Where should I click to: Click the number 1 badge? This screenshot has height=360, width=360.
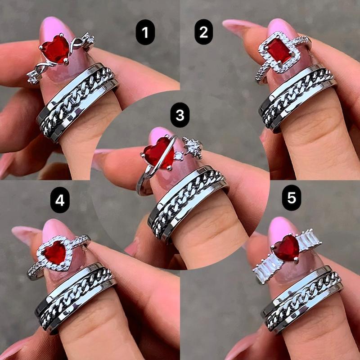[145, 32]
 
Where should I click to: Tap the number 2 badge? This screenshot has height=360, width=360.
[204, 32]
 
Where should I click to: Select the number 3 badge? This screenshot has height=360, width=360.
[180, 115]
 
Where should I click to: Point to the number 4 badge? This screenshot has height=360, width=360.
[60, 200]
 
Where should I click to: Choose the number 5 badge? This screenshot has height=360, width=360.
[292, 198]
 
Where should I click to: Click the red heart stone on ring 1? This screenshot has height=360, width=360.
[55, 49]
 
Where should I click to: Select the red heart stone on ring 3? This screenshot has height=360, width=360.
[158, 153]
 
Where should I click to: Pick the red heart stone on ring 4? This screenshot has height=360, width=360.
[55, 252]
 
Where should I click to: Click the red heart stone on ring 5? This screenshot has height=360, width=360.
[287, 248]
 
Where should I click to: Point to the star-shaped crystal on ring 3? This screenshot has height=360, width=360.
[193, 148]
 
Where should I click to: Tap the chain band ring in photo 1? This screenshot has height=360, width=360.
[77, 103]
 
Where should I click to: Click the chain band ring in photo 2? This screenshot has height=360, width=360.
[297, 98]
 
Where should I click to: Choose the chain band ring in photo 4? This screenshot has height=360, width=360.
[75, 298]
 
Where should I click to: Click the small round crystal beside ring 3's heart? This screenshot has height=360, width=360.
[179, 156]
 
